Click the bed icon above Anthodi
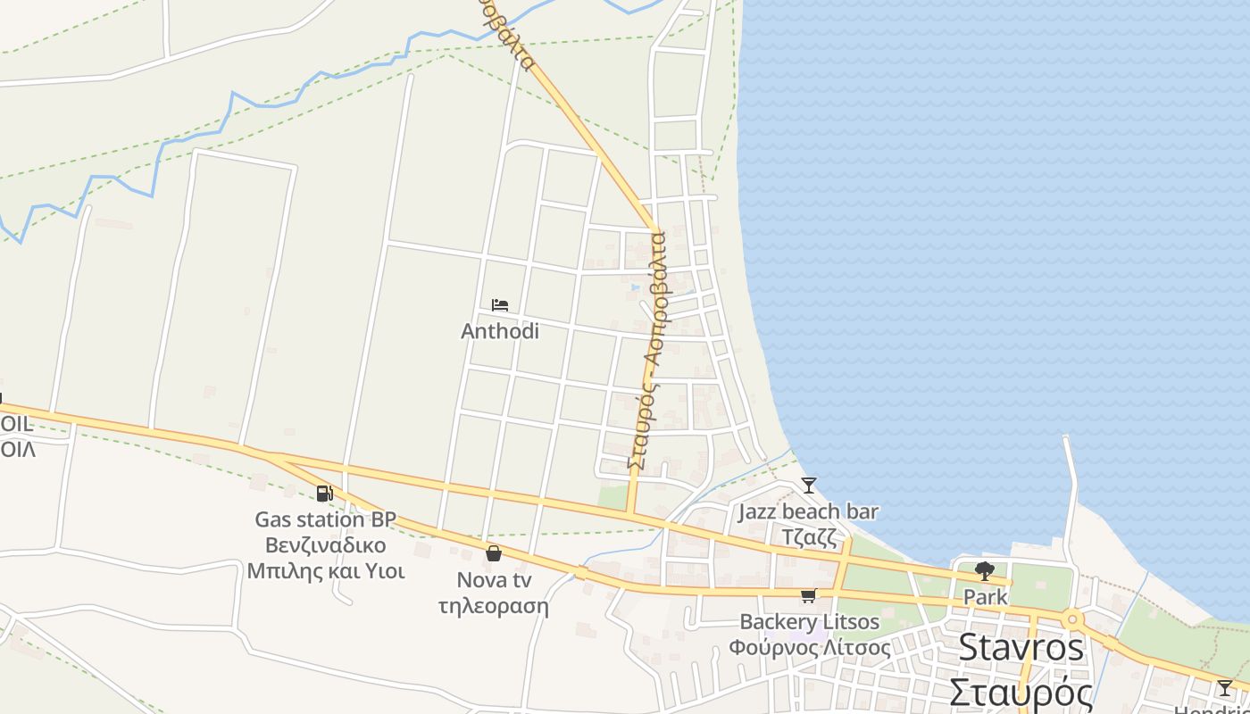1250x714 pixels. point(500,305)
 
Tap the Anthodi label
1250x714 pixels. point(500,331)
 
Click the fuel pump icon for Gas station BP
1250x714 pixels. point(324,493)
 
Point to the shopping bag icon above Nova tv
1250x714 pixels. point(494,553)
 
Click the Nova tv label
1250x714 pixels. point(494,580)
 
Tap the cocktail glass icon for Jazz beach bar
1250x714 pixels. point(809,486)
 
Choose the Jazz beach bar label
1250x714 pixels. point(808,512)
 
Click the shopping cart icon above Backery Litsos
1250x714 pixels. point(809,595)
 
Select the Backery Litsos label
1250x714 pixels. point(810,622)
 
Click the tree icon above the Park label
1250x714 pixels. point(985,570)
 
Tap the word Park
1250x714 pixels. point(986,597)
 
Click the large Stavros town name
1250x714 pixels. point(1021,648)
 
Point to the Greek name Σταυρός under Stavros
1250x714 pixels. point(1021,693)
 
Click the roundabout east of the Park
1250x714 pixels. point(1072,619)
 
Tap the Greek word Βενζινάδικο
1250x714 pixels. point(326,545)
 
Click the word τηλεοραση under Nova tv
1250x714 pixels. point(494,606)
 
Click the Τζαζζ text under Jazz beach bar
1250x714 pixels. point(809,537)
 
